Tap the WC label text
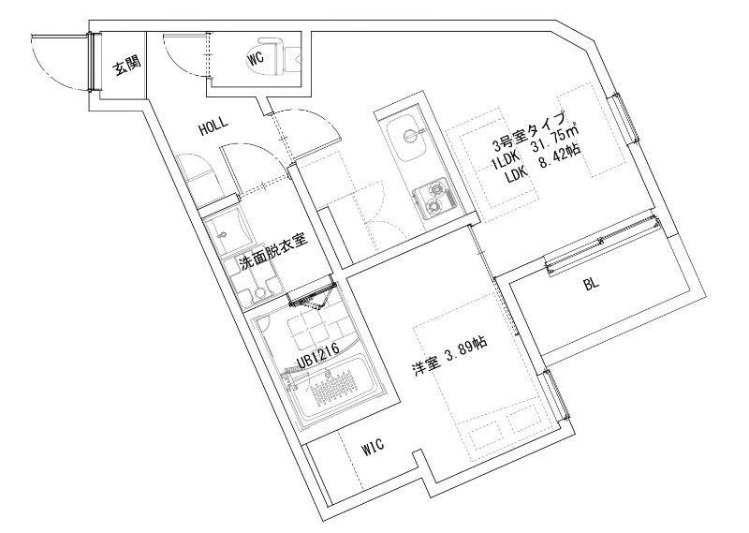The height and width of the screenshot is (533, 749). point(255,58)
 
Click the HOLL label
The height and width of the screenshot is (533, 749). point(215,129)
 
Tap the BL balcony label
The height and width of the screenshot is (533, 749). point(591,285)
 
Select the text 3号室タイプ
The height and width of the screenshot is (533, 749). point(531,131)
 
